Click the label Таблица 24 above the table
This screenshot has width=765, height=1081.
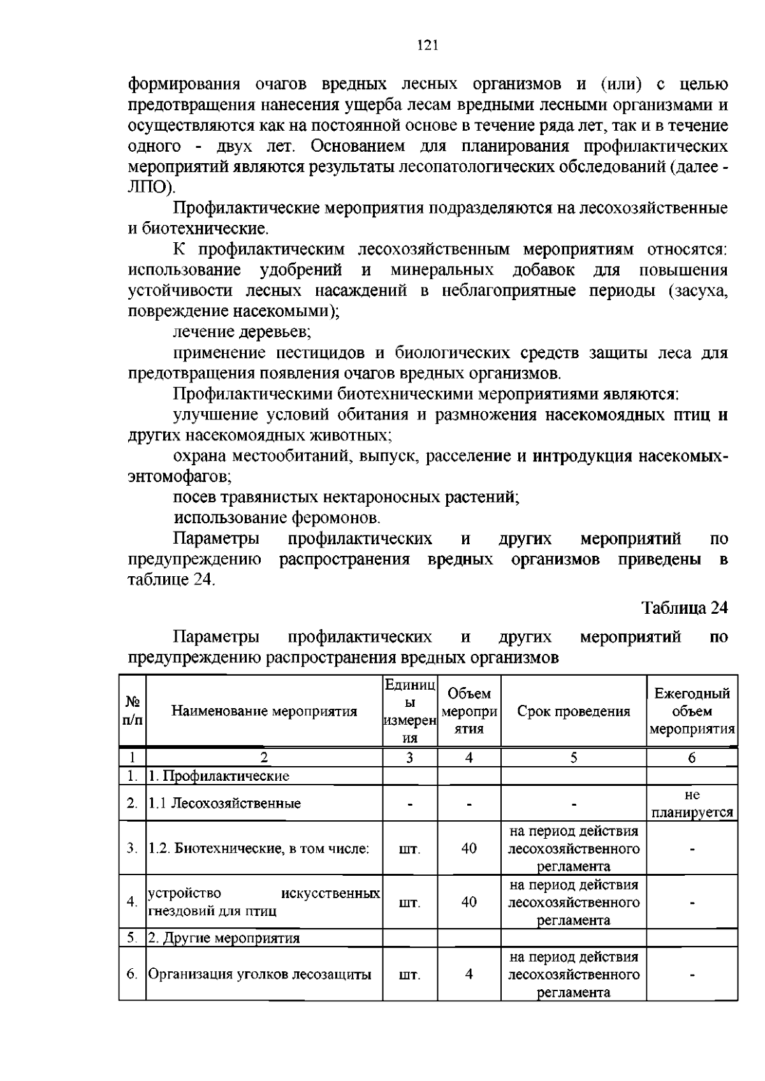point(684,607)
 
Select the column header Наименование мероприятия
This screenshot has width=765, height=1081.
point(264,711)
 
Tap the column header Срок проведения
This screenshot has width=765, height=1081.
point(573,711)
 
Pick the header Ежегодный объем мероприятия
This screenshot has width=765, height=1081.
point(692,711)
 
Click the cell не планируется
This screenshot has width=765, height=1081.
point(692,804)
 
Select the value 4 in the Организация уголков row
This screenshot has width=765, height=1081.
point(469,975)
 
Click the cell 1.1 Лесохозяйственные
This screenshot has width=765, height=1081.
point(224,804)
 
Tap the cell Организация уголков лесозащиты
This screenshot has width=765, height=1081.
point(259,975)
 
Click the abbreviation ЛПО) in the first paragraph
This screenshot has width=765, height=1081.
point(150,187)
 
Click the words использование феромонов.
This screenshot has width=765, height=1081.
point(277,518)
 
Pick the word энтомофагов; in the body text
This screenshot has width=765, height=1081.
point(180,476)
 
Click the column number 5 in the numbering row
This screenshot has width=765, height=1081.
point(573,758)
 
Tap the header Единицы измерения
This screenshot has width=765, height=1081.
point(409,711)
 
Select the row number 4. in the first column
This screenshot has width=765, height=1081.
point(132,902)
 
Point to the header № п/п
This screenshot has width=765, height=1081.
point(132,711)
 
